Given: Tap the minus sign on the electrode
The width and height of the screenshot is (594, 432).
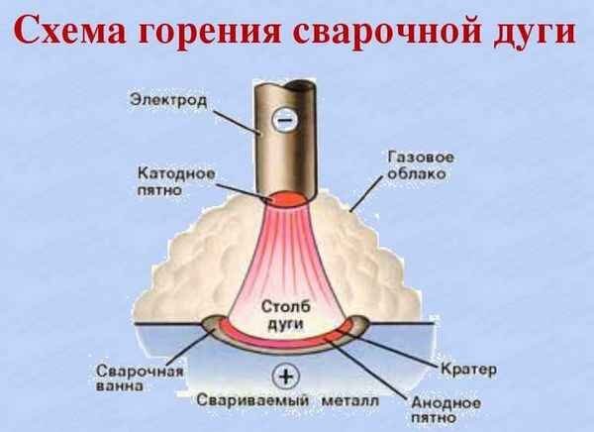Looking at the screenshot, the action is [x=283, y=120].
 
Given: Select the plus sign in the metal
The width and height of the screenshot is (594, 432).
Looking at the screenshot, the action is [x=288, y=376].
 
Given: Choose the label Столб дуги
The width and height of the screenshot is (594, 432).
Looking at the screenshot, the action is [x=286, y=315].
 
